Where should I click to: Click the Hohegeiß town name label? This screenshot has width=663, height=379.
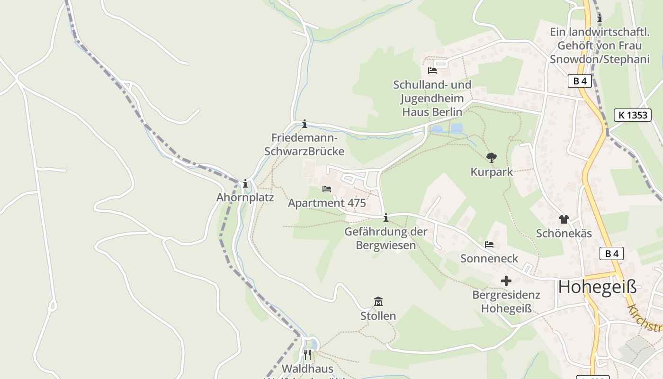pos(597,287)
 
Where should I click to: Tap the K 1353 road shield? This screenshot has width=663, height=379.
pos(633,115)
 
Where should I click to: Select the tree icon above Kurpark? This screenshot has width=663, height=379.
pos(492,158)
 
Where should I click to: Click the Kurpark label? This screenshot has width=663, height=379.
pos(492,172)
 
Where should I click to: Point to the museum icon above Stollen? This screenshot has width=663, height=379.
pos(378,301)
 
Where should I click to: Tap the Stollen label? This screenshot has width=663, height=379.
pos(378,316)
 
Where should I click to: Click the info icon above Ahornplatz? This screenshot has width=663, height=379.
pos(245,183)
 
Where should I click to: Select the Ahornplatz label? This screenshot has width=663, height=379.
pos(245,198)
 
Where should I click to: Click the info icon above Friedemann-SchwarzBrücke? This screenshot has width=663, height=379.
pos(305,124)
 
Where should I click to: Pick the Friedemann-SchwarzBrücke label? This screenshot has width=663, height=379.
pos(305,144)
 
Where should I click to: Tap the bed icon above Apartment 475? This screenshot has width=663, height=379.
pos(327,189)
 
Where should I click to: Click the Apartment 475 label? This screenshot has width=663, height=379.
pos(327,203)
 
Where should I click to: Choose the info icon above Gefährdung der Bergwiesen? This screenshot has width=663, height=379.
pos(386,217)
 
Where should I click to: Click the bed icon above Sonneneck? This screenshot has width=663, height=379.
pos(489,244)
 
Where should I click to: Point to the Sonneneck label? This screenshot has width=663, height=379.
pos(489,259)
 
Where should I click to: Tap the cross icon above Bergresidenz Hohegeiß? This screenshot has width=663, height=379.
pos(506,281)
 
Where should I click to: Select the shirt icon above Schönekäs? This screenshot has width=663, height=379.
pos(564,219)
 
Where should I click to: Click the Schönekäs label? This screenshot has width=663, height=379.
pos(564,234)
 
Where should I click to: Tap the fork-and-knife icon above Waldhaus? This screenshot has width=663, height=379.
pos(307,354)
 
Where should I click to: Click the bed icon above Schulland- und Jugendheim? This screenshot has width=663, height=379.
pos(432,71)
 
